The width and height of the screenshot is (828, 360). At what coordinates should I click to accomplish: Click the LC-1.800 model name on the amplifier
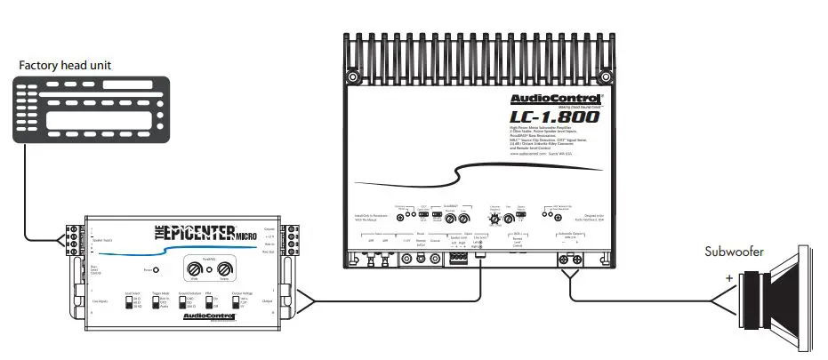coord(557,117)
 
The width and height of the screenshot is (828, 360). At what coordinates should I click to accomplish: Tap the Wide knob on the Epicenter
coord(195,268)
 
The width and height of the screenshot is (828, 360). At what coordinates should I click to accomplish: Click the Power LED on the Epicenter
coord(157,269)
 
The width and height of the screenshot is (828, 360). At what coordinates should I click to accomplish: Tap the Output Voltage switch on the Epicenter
coord(236,302)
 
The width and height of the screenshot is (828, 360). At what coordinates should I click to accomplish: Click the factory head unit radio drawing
coord(89,107)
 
